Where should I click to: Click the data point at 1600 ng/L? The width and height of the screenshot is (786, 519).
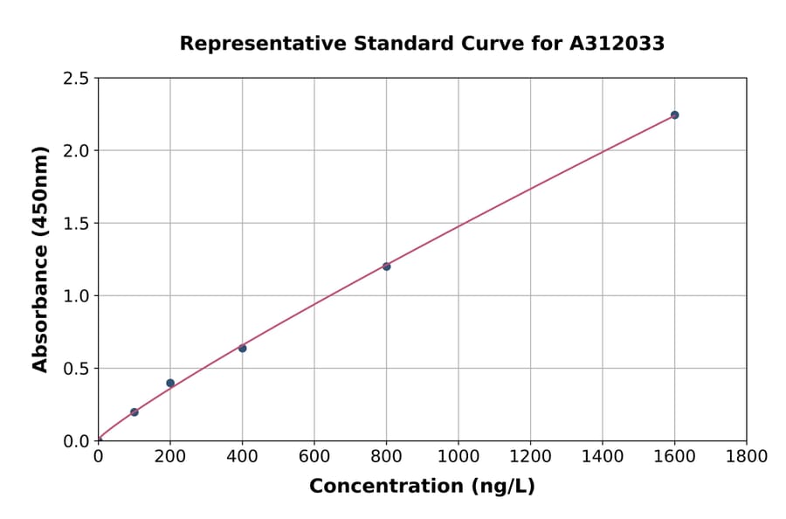(x=674, y=114)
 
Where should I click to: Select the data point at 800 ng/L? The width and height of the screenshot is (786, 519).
(x=386, y=266)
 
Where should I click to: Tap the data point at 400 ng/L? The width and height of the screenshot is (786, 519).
(x=242, y=348)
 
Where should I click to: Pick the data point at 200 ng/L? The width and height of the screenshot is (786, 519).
(x=170, y=383)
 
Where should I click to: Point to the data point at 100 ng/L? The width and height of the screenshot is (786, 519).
(x=134, y=412)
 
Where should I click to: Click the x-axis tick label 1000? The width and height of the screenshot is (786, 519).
(x=458, y=456)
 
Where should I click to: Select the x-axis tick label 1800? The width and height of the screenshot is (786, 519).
(x=746, y=456)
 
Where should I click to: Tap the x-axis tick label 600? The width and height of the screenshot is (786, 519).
(x=314, y=456)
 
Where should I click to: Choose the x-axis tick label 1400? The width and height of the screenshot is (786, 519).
(x=602, y=456)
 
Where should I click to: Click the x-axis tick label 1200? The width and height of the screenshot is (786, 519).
(x=530, y=456)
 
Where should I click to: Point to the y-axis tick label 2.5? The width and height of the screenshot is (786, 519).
(x=77, y=79)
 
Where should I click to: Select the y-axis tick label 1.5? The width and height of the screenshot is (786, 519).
(x=77, y=224)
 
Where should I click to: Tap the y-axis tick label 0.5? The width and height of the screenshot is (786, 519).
(x=77, y=369)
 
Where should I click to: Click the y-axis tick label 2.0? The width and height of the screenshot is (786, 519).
(x=77, y=151)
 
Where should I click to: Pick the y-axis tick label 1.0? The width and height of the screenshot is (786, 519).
(x=77, y=296)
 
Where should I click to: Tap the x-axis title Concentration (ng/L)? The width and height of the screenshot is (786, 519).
(x=422, y=486)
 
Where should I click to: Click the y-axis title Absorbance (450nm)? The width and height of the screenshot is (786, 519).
(x=40, y=259)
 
